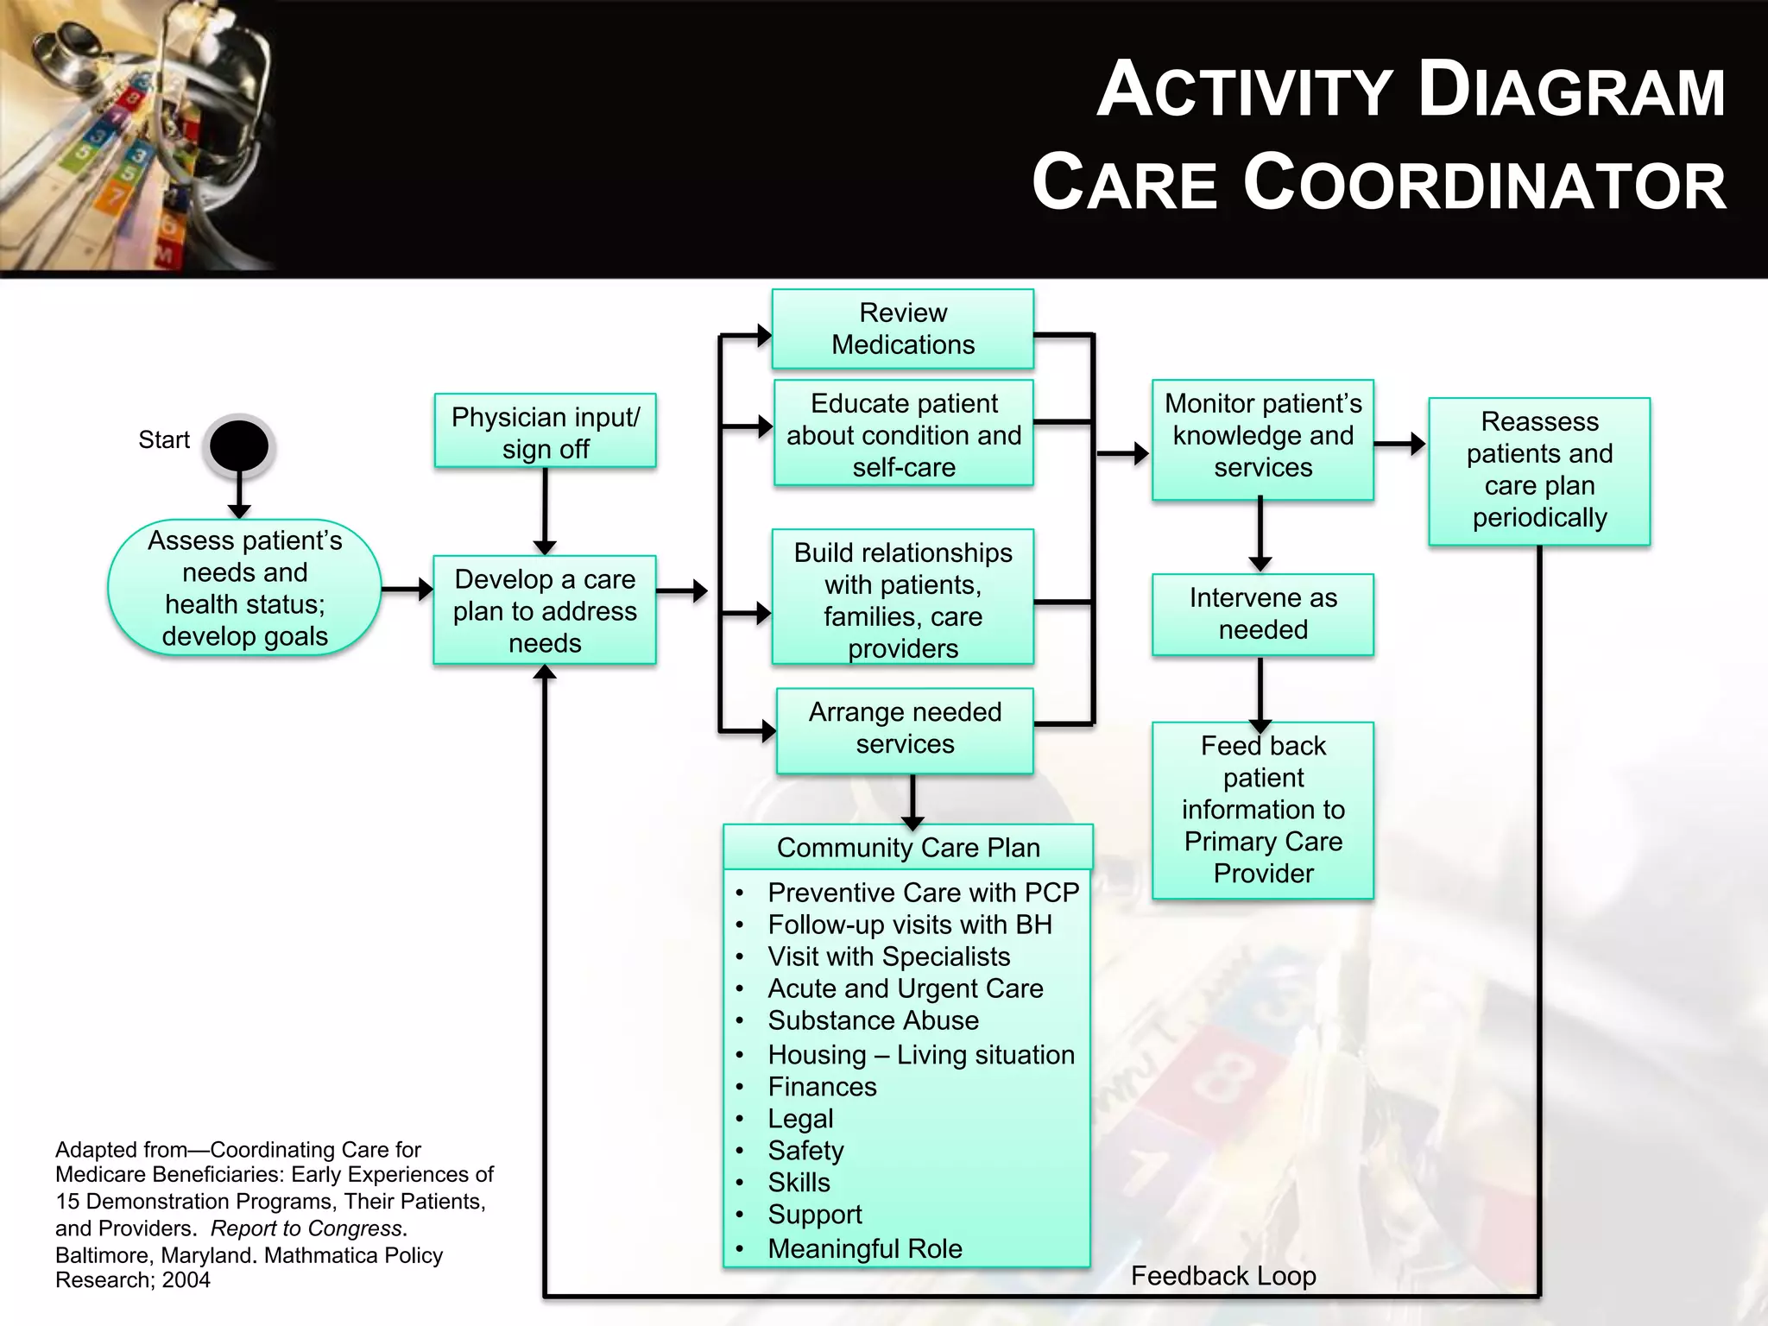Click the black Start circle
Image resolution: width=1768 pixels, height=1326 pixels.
[239, 445]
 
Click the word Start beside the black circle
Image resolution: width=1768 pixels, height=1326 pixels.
[163, 440]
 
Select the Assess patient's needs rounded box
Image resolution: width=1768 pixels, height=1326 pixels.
[244, 588]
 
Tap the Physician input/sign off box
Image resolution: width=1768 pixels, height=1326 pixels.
[545, 432]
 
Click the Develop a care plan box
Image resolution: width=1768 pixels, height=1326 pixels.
[545, 610]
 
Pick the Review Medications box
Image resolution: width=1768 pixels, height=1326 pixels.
[902, 329]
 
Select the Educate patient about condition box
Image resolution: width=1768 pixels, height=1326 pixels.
[903, 434]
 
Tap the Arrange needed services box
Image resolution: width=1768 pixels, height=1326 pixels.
[905, 729]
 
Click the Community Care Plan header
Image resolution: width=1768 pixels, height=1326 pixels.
[907, 848]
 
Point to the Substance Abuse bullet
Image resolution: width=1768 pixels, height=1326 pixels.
[873, 1020]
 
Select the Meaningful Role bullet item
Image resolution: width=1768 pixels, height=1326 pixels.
[864, 1248]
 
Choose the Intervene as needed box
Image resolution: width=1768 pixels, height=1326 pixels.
[1262, 614]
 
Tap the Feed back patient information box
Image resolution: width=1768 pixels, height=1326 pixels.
[1262, 810]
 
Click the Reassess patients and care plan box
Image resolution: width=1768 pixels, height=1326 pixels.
[1538, 470]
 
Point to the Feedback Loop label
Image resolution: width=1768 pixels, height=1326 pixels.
[1222, 1276]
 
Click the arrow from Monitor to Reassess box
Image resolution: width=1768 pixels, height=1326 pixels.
[1399, 444]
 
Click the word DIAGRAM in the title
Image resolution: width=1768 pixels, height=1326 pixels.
[1571, 92]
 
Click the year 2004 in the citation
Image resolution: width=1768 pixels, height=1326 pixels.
[186, 1280]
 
